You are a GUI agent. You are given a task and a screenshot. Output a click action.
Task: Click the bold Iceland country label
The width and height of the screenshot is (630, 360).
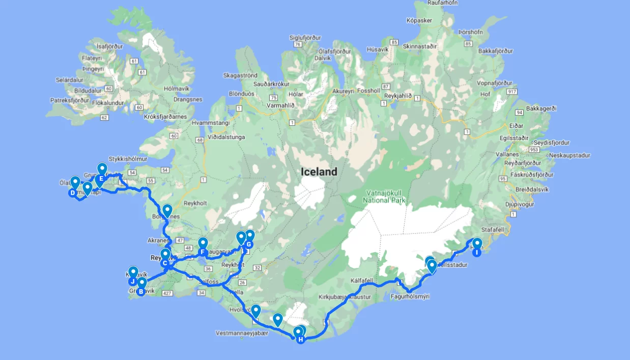[319, 172]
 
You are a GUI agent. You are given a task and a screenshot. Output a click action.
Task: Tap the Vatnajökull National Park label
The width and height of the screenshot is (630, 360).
[384, 197]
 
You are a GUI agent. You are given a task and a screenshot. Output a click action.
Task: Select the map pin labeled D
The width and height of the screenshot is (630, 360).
[72, 193]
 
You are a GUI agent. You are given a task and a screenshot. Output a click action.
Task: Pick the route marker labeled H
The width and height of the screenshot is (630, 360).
[301, 339]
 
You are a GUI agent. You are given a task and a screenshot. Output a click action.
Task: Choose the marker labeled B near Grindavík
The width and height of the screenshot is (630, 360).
[141, 292]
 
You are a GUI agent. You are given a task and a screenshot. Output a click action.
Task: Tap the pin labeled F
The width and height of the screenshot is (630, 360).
[203, 252]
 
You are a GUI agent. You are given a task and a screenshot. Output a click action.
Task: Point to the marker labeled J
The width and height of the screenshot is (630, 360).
[132, 281]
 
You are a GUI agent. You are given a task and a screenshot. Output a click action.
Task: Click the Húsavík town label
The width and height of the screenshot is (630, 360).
[377, 49]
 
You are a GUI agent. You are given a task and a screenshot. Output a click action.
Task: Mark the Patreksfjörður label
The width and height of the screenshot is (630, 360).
[70, 100]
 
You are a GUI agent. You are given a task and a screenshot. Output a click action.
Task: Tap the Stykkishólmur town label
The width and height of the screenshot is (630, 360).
[128, 159]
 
